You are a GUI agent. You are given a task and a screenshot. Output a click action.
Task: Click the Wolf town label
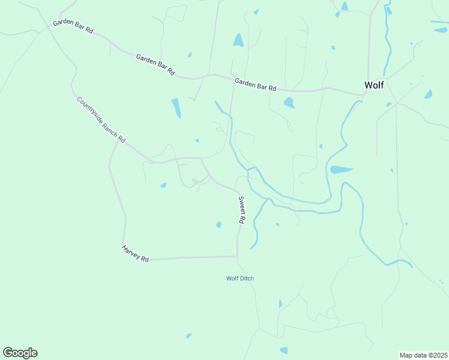374,85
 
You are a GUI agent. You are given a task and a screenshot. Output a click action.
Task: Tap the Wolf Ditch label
240,278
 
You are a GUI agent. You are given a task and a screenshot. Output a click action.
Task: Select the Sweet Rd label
241,210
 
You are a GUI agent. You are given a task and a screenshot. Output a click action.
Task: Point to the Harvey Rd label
135,253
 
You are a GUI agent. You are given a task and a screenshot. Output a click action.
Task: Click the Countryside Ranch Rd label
101,119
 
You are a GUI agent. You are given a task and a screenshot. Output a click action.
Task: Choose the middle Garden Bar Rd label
155,64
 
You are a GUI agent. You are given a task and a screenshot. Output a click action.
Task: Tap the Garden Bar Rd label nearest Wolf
255,84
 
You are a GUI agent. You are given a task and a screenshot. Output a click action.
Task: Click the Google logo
20,353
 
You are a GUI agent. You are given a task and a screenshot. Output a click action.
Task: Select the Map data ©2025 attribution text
424,355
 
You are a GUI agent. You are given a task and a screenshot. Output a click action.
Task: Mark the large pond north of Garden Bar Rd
238,40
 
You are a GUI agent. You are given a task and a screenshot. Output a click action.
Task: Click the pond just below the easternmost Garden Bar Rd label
289,103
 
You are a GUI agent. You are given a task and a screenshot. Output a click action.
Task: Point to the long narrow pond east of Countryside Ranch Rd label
176,108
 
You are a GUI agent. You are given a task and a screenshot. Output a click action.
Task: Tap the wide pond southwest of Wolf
341,170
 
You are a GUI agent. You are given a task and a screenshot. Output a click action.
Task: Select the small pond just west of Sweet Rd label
218,224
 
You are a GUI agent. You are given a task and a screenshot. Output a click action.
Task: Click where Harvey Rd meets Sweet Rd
238,256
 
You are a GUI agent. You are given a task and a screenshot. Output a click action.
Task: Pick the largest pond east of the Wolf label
429,94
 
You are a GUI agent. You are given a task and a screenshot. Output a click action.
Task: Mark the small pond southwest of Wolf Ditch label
188,335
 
